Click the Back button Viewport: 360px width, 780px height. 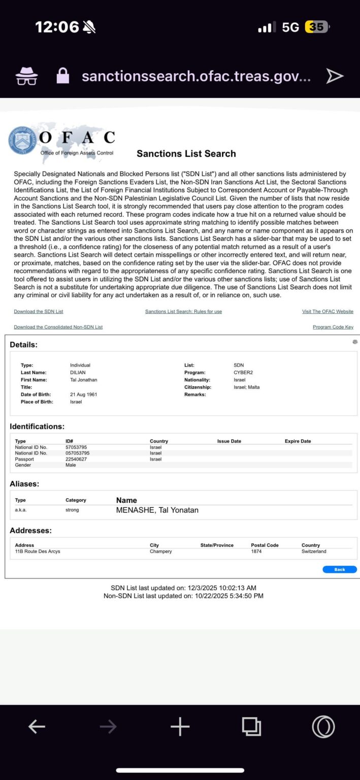point(339,569)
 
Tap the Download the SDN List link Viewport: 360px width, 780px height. point(39,311)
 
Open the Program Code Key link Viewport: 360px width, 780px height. point(333,327)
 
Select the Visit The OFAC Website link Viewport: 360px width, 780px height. point(328,311)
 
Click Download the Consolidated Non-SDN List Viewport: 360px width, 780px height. point(58,327)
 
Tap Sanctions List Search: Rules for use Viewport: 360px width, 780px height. point(183,311)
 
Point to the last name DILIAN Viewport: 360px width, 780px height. point(78,372)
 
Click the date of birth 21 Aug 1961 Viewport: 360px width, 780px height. point(83,395)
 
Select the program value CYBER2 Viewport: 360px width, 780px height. point(243,372)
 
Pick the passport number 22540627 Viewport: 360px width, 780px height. point(76,459)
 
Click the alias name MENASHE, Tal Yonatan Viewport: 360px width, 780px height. point(157,510)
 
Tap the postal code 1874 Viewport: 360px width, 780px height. point(256,551)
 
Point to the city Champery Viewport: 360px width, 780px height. point(160,551)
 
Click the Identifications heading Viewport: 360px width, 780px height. point(37,427)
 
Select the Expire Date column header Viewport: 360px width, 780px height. point(298,441)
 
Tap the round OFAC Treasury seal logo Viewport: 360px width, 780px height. point(22,141)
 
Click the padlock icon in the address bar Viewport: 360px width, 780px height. point(63,76)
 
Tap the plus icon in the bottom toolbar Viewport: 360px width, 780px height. point(180,727)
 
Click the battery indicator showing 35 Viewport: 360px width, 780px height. point(316,27)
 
